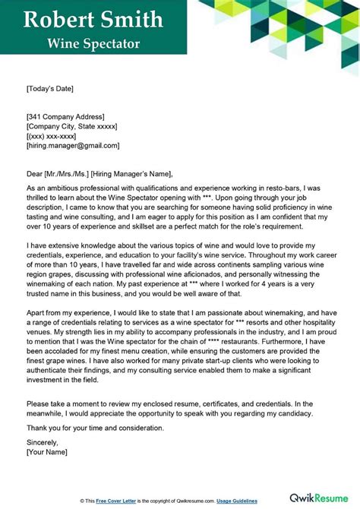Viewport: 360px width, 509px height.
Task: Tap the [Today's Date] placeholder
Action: (50, 89)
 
